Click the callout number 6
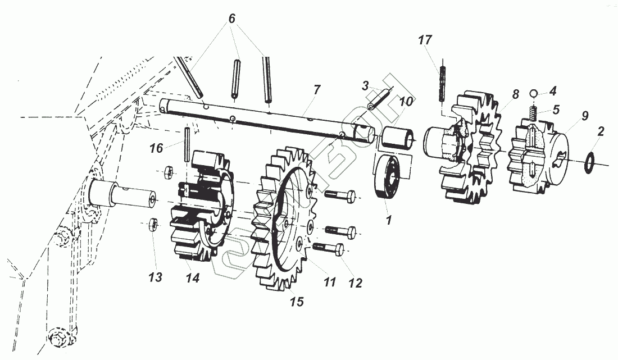click(231, 19)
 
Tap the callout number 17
click(425, 40)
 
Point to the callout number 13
click(156, 277)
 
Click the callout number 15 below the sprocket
click(296, 302)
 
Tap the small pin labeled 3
click(380, 99)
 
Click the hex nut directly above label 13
click(151, 226)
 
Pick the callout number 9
click(585, 116)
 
